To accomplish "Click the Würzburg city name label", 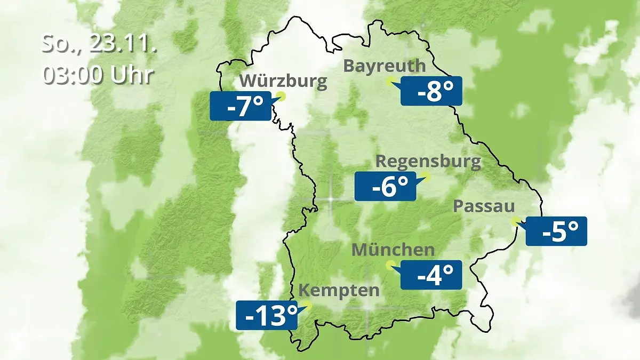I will (283, 81).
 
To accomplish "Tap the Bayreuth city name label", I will (385, 66).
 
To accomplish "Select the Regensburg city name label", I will (428, 161).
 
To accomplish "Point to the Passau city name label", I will (484, 206).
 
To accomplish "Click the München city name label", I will (393, 249).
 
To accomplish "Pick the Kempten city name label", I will (339, 291).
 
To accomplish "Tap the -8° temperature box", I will (431, 91).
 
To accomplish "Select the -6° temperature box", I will (385, 187).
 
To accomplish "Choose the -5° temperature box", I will (556, 231).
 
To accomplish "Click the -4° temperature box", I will (431, 275).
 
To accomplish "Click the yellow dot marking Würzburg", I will (281, 97).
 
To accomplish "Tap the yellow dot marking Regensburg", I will (426, 176).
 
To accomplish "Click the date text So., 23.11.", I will (99, 44).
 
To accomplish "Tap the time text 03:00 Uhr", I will (98, 75).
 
